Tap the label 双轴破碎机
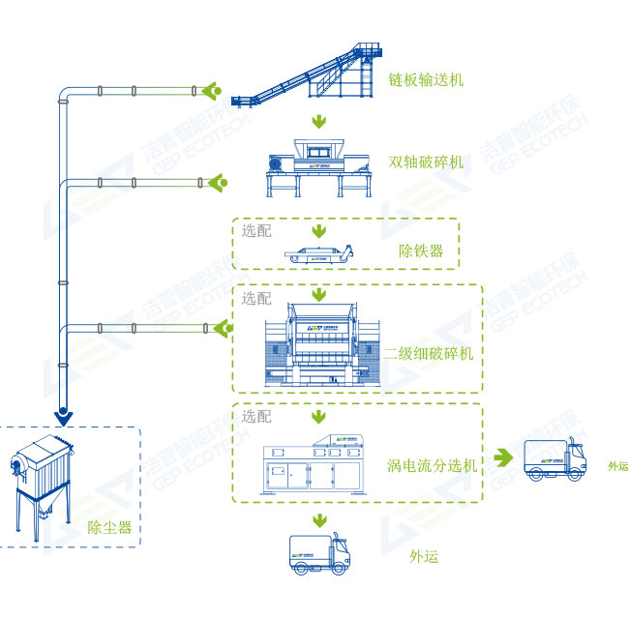pyautogui.click(x=425, y=162)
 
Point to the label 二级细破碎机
pyautogui.click(x=429, y=354)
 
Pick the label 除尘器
pyautogui.click(x=109, y=527)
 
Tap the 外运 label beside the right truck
pyautogui.click(x=616, y=466)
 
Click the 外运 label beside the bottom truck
pyautogui.click(x=424, y=556)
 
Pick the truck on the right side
pyautogui.click(x=554, y=459)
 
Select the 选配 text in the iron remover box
pyautogui.click(x=256, y=231)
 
